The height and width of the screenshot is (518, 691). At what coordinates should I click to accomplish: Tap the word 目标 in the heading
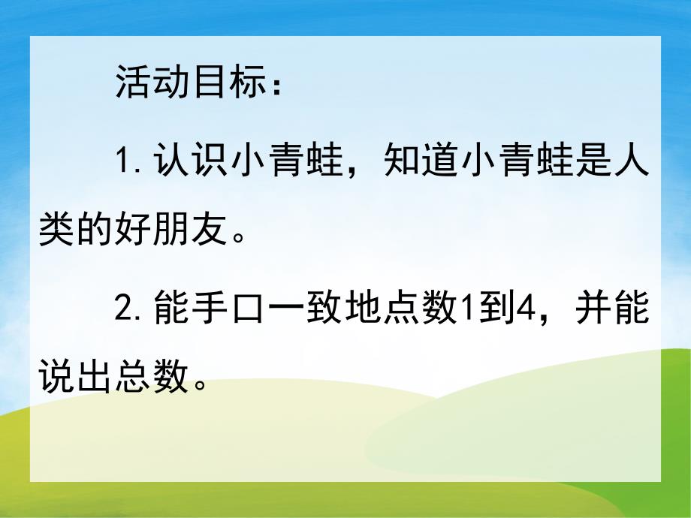pos(225,83)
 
